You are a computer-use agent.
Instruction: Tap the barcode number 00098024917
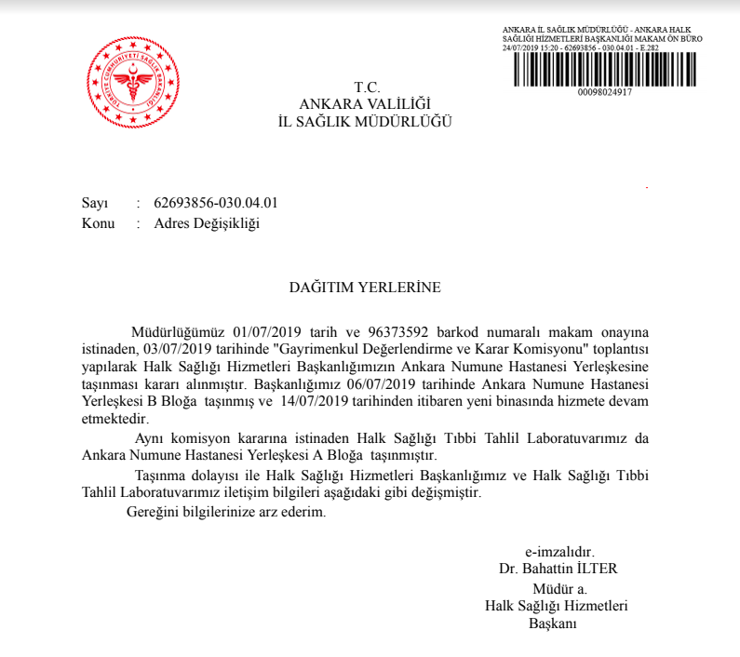(x=604, y=92)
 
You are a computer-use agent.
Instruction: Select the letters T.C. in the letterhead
(x=367, y=87)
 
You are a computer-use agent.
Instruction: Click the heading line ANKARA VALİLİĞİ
(x=366, y=104)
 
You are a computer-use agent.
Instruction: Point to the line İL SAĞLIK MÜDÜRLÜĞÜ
(x=365, y=122)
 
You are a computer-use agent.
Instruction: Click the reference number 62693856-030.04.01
(x=216, y=202)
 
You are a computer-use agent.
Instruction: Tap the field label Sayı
(x=95, y=202)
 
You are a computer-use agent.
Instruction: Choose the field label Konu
(x=98, y=223)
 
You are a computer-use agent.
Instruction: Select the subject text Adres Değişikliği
(x=207, y=223)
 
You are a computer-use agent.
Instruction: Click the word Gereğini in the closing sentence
(x=149, y=512)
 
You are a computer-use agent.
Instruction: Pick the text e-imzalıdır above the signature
(x=558, y=551)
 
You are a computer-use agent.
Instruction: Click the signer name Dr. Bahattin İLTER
(x=558, y=569)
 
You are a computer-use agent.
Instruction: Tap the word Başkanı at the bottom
(x=554, y=623)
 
